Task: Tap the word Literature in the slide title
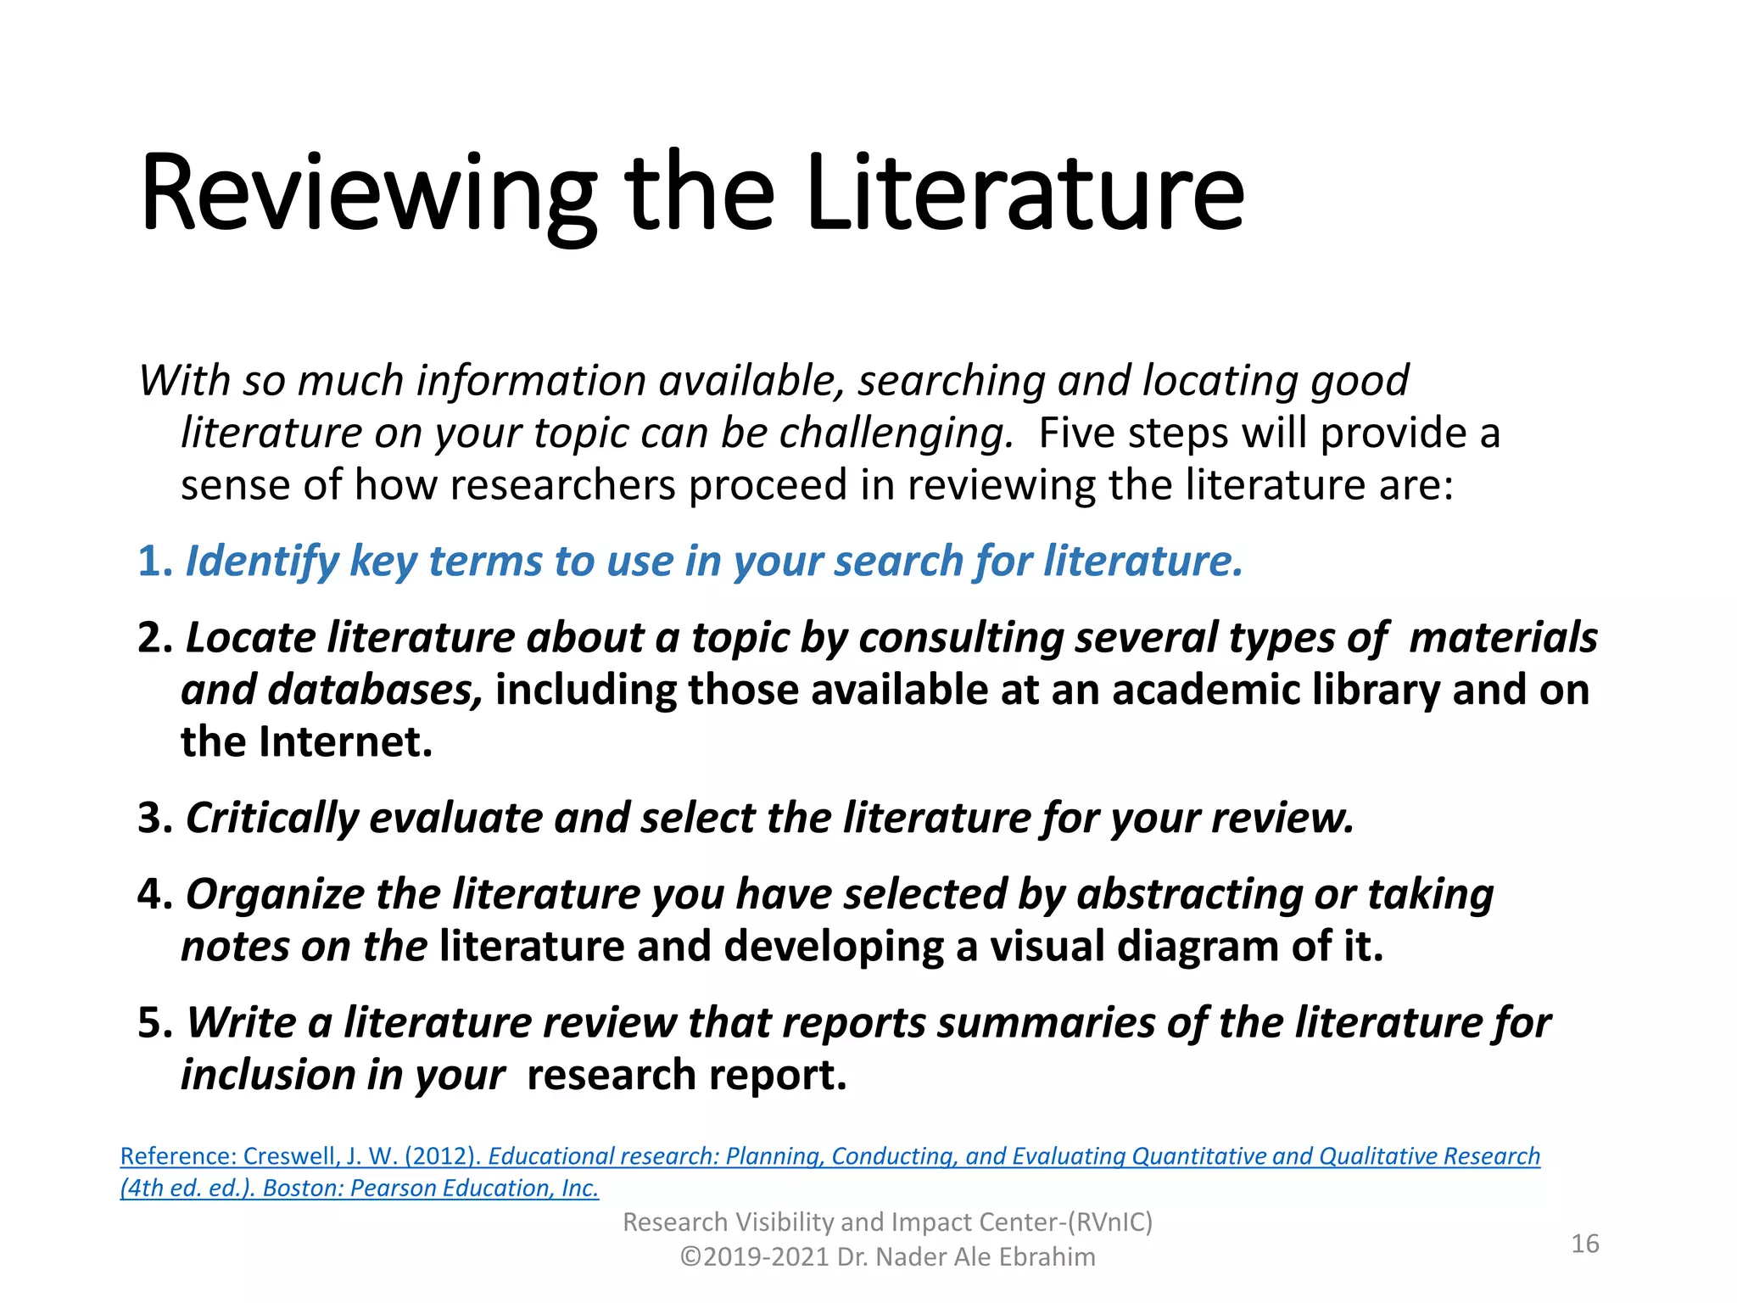tap(1025, 193)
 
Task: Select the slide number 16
tap(1584, 1244)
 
